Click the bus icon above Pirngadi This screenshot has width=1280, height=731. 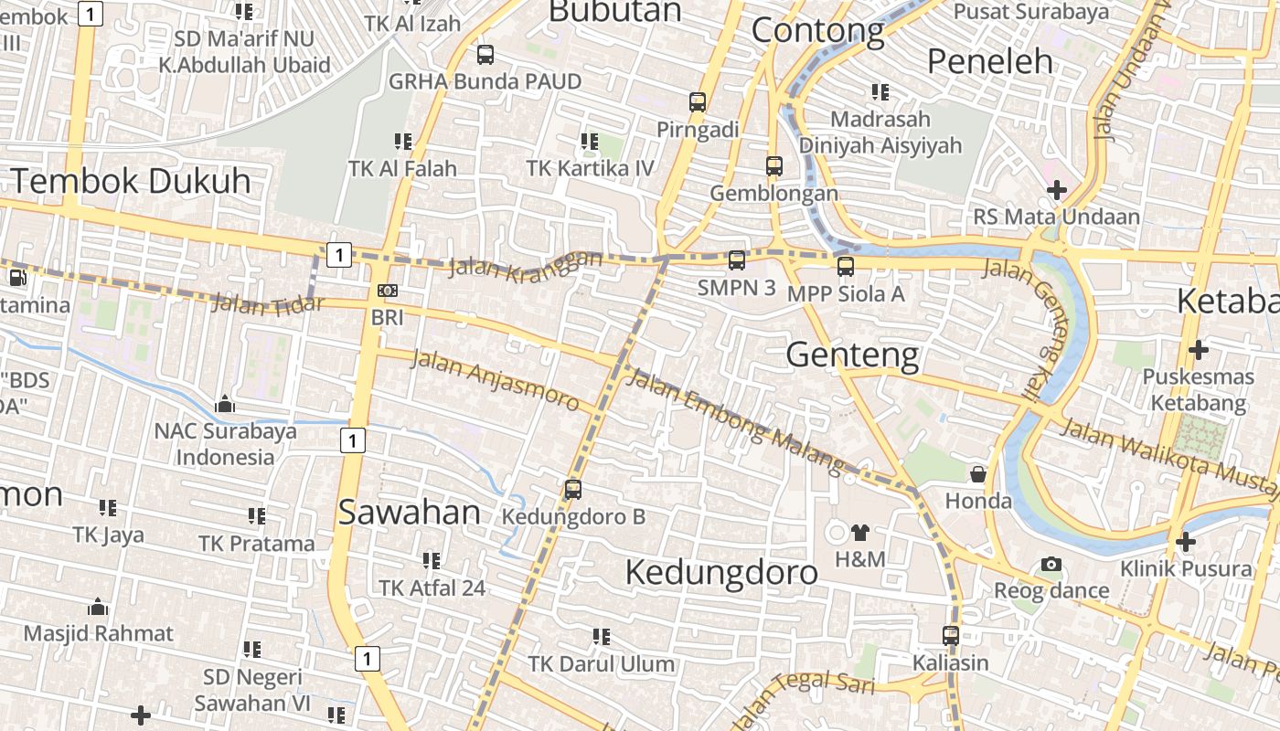pos(698,101)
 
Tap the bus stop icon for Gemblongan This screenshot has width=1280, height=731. pos(774,166)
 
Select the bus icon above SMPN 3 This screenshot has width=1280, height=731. pos(737,260)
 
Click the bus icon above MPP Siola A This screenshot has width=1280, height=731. pos(846,267)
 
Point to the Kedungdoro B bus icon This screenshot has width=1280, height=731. pos(573,489)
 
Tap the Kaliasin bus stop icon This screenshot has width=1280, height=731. pos(951,635)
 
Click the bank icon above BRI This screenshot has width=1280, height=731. pos(388,291)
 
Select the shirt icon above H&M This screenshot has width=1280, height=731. pos(859,532)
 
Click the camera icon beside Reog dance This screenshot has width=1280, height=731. pos(1051,565)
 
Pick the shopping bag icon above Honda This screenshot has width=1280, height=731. pos(978,473)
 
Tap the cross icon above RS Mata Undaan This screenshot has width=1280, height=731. pos(1057,190)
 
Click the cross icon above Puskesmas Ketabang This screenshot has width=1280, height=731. pos(1198,349)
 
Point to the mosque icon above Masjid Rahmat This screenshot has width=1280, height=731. pos(98,607)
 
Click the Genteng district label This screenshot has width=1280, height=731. pos(852,355)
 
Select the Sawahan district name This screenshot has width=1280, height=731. pos(410,513)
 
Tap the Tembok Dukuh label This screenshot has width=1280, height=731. pos(131,181)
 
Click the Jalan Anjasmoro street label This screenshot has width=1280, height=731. pos(495,378)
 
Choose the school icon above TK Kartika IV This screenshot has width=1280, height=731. pos(590,142)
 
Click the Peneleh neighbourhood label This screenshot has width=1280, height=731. pos(990,61)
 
